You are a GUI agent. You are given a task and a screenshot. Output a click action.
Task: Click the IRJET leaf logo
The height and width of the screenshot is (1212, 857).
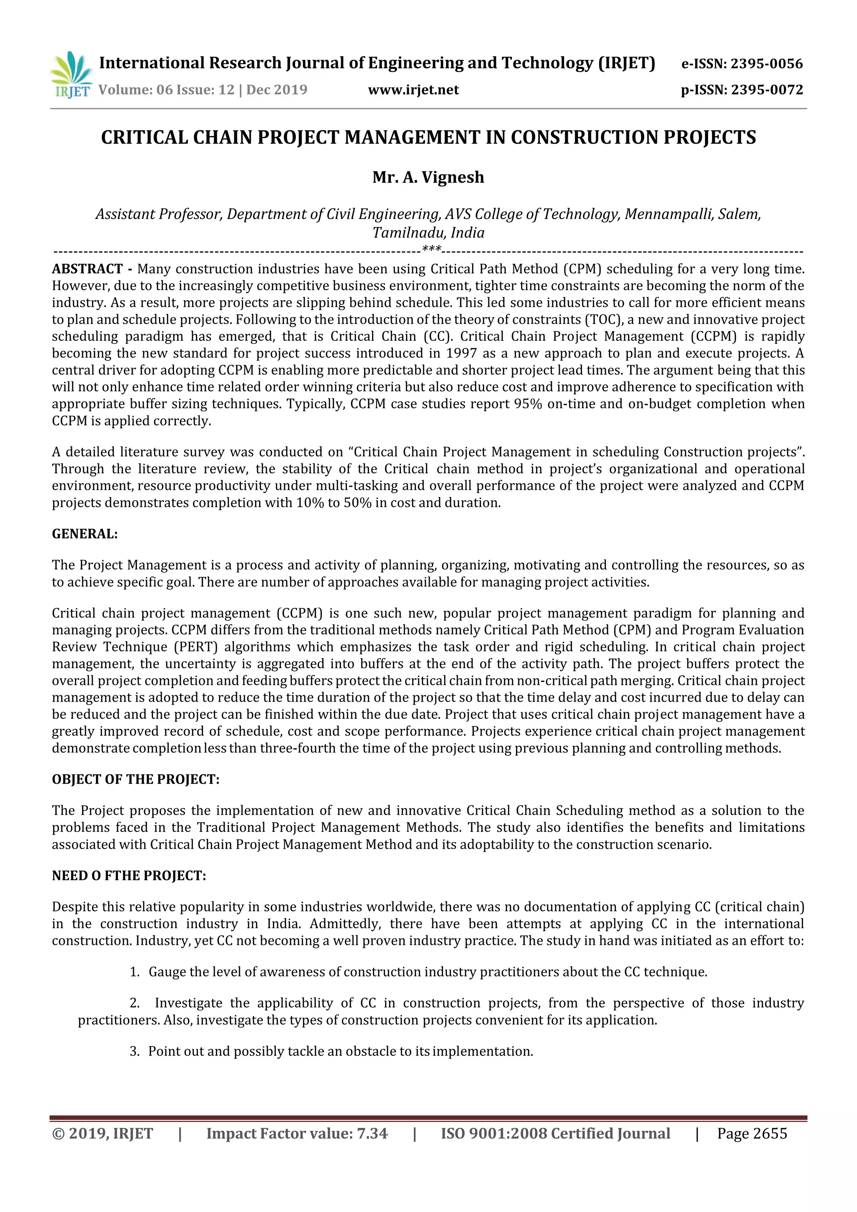(71, 75)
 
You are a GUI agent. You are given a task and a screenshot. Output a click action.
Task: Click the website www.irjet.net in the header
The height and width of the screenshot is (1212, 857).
(413, 90)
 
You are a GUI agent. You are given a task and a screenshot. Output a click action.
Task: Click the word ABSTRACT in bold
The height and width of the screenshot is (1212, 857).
(87, 269)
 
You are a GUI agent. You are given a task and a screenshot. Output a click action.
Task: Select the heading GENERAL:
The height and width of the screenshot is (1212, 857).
(85, 534)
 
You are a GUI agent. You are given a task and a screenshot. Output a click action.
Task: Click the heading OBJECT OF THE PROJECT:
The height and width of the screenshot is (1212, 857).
(135, 779)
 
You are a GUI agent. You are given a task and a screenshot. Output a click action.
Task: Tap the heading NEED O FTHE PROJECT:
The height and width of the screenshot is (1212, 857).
(129, 876)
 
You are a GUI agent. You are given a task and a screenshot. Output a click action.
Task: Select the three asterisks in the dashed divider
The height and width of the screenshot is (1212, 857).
(432, 249)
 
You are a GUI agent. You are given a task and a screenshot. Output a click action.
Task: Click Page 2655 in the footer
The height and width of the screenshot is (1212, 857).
(752, 1133)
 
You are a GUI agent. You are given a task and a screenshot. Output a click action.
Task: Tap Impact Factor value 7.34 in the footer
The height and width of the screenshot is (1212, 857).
(297, 1133)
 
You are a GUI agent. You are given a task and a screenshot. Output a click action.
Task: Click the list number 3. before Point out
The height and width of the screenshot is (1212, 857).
(134, 1051)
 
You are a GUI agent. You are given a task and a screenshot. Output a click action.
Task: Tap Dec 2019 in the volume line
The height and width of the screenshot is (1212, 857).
(277, 90)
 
